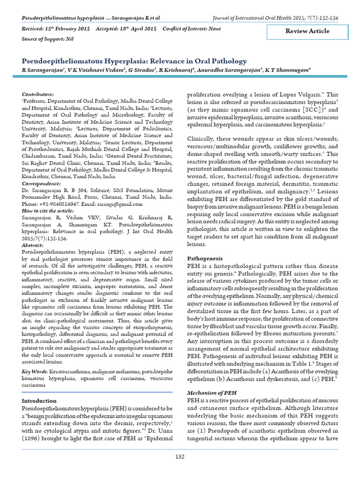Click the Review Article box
pyautogui.click(x=307, y=31)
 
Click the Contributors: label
pyautogui.click(x=38, y=94)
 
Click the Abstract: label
pyautogui.click(x=33, y=245)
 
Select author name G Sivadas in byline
pyautogui.click(x=141, y=70)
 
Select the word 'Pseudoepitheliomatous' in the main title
pyautogui.click(x=64, y=61)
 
